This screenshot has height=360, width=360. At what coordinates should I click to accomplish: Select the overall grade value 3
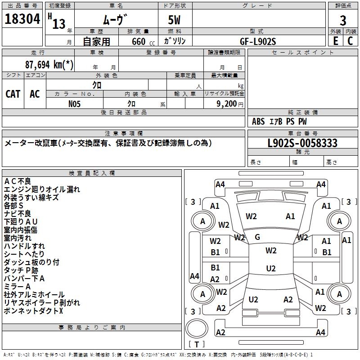343,21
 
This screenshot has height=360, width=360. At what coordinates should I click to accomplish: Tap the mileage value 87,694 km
49,64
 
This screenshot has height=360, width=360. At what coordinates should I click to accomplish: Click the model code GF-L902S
258,41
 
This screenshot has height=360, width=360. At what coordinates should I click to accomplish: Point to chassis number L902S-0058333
302,144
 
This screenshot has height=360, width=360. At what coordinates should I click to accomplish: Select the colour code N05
75,103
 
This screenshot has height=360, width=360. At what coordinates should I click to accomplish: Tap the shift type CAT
13,94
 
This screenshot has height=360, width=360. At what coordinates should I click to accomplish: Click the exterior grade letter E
335,41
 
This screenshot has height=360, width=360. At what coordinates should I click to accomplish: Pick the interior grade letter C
350,41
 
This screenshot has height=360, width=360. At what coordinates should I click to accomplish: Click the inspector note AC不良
18,181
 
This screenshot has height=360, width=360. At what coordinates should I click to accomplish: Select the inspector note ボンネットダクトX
34,310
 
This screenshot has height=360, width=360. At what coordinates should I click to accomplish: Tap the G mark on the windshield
257,237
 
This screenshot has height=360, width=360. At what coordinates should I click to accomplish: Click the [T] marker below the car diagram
197,344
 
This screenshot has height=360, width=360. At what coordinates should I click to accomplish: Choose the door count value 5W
175,21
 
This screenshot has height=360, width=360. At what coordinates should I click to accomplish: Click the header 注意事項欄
124,134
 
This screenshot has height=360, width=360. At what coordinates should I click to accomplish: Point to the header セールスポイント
303,53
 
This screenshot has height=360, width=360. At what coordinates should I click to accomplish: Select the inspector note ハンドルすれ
24,246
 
